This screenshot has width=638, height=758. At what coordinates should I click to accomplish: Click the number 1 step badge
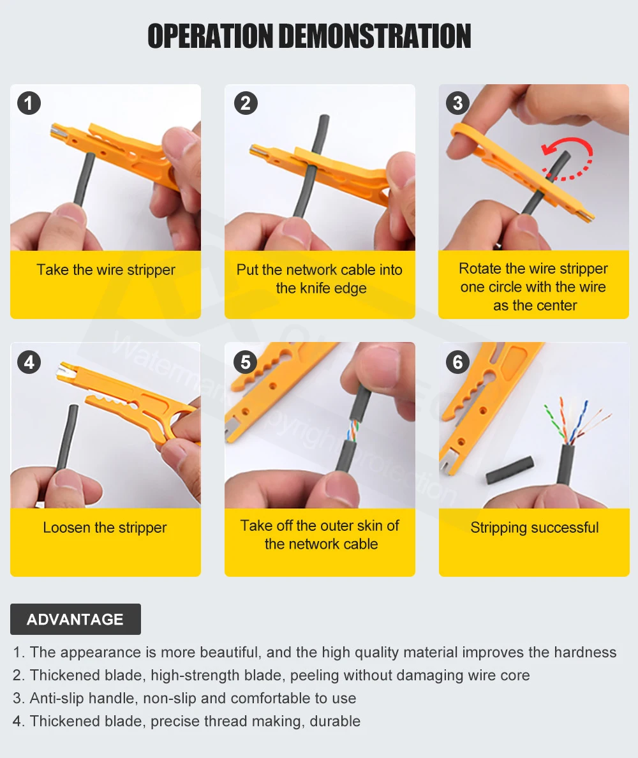click(29, 103)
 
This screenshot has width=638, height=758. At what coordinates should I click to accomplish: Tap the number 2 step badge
click(246, 103)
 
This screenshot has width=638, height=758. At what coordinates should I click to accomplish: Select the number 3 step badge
click(457, 103)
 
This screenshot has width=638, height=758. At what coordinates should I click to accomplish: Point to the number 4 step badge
click(29, 362)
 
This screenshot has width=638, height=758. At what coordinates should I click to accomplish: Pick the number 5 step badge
click(246, 362)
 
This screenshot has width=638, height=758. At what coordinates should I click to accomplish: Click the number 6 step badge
click(457, 362)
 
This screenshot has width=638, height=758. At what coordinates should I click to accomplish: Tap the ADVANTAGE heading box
click(75, 619)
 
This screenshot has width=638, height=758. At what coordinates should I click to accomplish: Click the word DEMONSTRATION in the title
click(375, 36)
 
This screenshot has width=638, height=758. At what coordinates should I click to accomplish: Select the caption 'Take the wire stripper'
click(106, 270)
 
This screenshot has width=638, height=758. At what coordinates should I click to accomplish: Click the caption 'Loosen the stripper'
click(105, 528)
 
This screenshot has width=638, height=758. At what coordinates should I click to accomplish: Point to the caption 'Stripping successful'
click(535, 528)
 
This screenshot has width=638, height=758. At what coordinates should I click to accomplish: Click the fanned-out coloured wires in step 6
click(575, 420)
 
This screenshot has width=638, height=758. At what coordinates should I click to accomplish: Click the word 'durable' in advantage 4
click(335, 721)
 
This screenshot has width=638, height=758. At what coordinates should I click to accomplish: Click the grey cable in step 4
click(66, 438)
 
